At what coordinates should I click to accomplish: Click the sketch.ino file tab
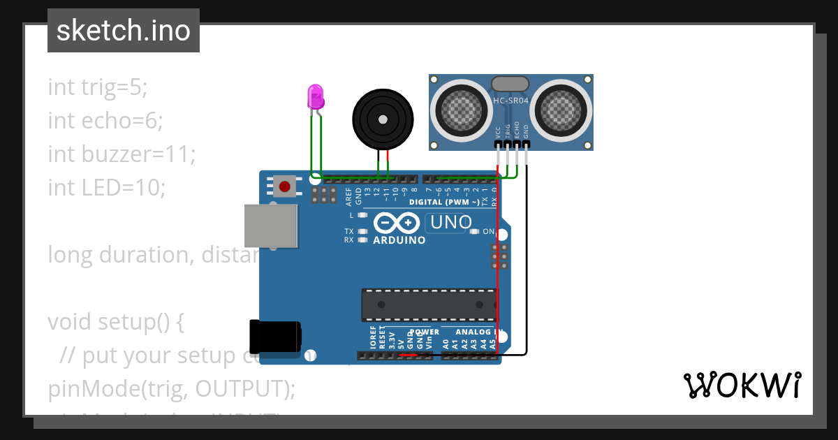pos(123,31)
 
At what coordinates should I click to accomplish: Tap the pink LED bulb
pos(316,96)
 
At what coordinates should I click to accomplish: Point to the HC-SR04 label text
pos(510,101)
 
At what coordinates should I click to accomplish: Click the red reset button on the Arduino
pos(284,186)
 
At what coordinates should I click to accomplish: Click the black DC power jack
pos(275,336)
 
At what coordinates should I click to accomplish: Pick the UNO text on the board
pos(450,223)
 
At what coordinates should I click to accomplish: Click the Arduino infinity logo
pos(397,223)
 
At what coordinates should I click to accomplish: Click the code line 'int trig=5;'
pos(98,87)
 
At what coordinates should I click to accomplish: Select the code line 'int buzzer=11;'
pos(122,154)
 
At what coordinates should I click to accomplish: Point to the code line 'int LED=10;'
pos(107,188)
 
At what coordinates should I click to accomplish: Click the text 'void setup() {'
pos(115,322)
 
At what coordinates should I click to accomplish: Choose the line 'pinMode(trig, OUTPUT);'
pos(171,388)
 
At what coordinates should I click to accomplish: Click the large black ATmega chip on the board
pos(429,305)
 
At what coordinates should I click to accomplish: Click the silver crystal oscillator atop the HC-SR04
pos(510,84)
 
